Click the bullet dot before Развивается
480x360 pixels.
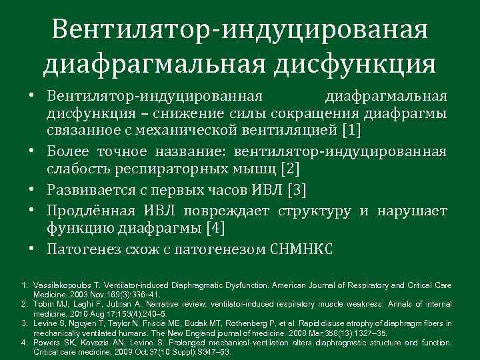(32, 191)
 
